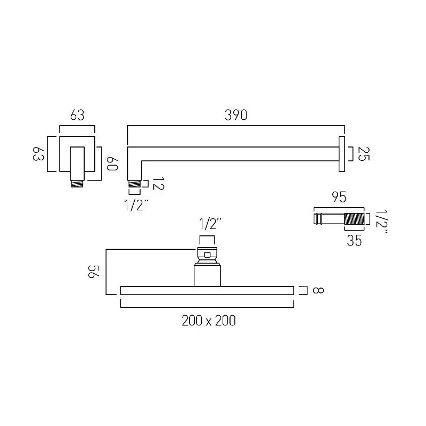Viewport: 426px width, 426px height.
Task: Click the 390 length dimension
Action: point(236,115)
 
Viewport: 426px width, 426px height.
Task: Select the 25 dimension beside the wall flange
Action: point(364,154)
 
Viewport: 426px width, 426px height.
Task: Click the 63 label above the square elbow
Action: point(77,115)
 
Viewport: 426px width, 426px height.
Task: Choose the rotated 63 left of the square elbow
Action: point(37,154)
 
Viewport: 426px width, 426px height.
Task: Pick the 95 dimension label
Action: point(339,198)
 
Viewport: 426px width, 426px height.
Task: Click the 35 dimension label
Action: point(354,240)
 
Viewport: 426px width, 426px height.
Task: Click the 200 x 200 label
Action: point(208,321)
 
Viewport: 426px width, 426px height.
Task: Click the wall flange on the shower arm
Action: point(341,154)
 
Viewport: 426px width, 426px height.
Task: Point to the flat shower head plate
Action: point(207,290)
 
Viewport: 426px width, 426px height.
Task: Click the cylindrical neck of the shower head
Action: point(207,275)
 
